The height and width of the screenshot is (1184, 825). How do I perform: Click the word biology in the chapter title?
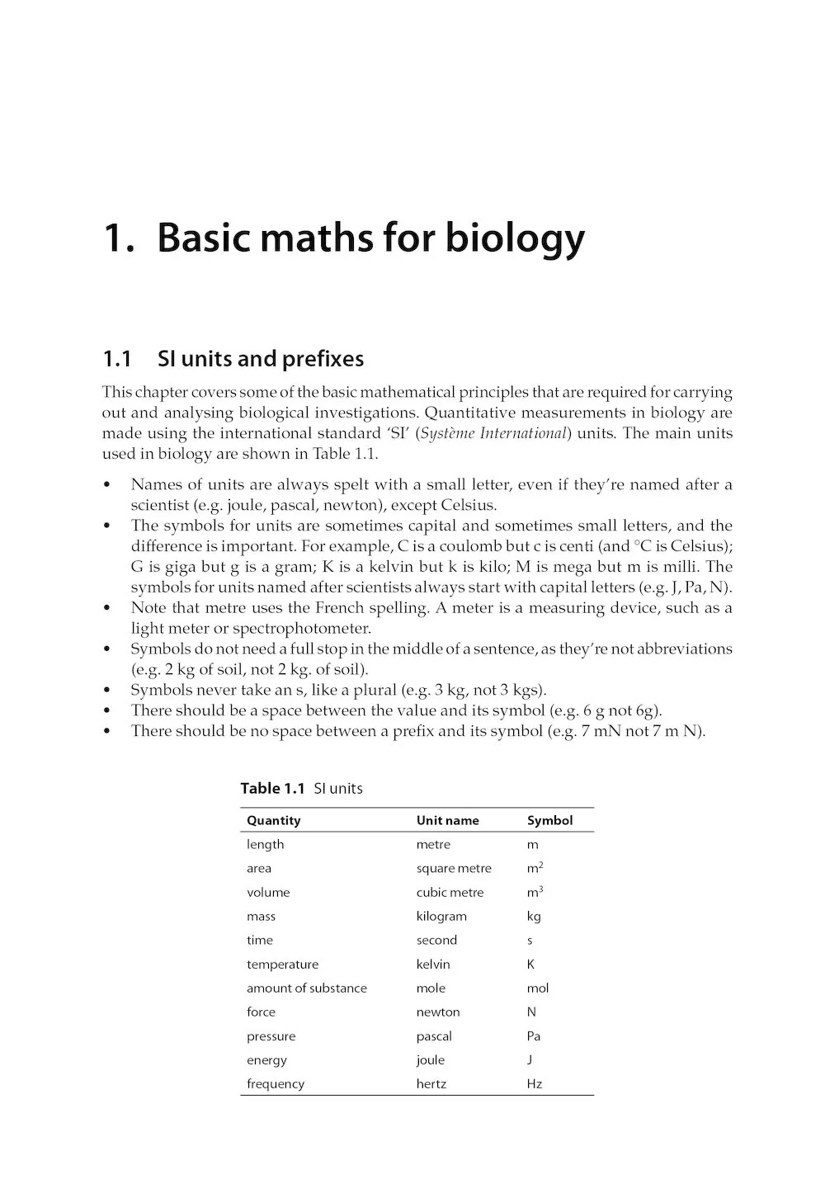point(515,238)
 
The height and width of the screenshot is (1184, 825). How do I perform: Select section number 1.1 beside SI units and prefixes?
point(117,359)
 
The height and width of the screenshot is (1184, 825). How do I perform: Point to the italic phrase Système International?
point(493,433)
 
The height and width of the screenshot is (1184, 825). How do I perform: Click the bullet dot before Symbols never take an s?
point(106,691)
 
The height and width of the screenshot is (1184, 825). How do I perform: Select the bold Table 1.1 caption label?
point(272,788)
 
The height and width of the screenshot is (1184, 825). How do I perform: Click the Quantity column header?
point(273,820)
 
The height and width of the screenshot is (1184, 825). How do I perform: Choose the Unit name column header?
point(447,820)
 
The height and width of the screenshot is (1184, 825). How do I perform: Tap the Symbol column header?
point(549,820)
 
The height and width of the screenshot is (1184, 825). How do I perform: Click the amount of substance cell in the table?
point(306,988)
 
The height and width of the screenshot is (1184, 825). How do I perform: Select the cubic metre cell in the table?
point(450,892)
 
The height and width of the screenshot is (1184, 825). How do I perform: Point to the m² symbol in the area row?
point(535,868)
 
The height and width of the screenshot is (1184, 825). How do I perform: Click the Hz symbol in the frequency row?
point(534,1083)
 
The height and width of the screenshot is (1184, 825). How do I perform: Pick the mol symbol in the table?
point(537,988)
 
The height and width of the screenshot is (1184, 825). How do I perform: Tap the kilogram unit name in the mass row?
point(441,916)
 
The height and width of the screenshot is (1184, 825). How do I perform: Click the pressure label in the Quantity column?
point(271,1035)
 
